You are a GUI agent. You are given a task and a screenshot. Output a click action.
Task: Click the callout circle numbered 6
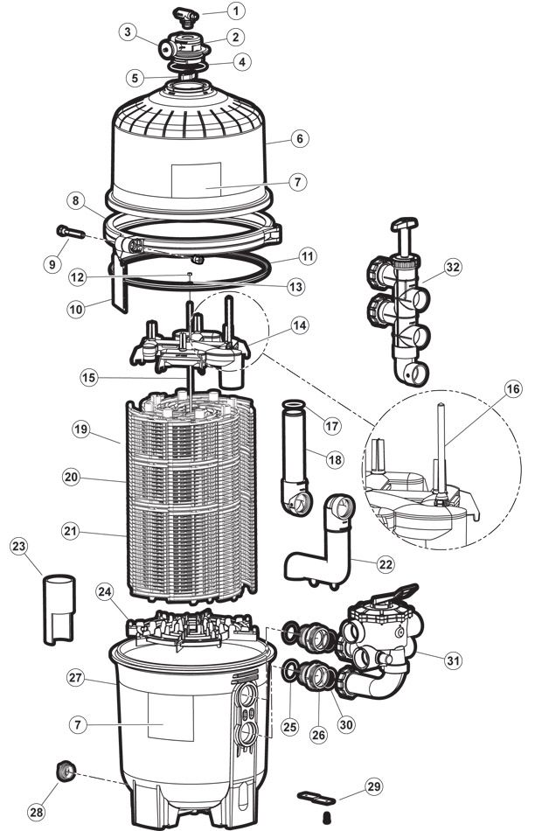tap(301, 138)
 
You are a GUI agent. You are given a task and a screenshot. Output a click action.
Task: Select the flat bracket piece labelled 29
tap(317, 796)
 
